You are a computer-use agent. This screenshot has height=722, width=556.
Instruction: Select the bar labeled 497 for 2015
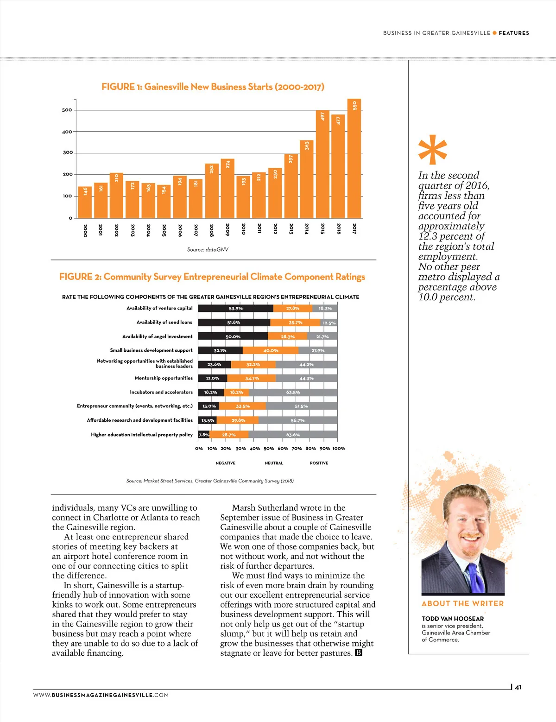pos(322,164)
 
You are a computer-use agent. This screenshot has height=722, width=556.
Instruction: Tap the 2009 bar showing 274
pos(227,188)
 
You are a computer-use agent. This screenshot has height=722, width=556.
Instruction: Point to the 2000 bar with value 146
pos(85,202)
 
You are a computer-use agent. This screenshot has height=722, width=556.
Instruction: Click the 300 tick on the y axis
pos(68,152)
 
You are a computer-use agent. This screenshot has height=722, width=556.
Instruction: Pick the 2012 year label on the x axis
pos(275,229)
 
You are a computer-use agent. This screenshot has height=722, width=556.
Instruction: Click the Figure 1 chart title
pos(213,87)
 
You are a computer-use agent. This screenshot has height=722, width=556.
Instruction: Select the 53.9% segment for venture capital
pos(235,308)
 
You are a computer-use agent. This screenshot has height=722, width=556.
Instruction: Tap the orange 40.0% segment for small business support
pos(271,350)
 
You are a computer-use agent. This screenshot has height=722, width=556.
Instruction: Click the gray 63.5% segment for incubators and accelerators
pos(293,393)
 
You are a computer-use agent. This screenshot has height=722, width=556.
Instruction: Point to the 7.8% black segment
pos(204,435)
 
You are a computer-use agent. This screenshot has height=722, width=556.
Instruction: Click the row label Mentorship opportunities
pos(164,378)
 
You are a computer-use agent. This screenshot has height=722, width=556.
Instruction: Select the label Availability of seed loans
pos(164,322)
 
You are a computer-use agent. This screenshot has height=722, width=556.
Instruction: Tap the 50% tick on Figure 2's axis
pos(269,449)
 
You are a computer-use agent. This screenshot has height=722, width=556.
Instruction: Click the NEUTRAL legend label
pos(274,463)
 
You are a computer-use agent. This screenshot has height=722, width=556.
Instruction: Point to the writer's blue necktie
pos(476,577)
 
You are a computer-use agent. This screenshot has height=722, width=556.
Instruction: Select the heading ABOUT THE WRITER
pos(462,603)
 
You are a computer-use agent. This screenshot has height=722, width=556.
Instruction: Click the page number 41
pos(518,687)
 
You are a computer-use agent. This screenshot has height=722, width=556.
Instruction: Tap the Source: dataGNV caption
pos(208,249)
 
